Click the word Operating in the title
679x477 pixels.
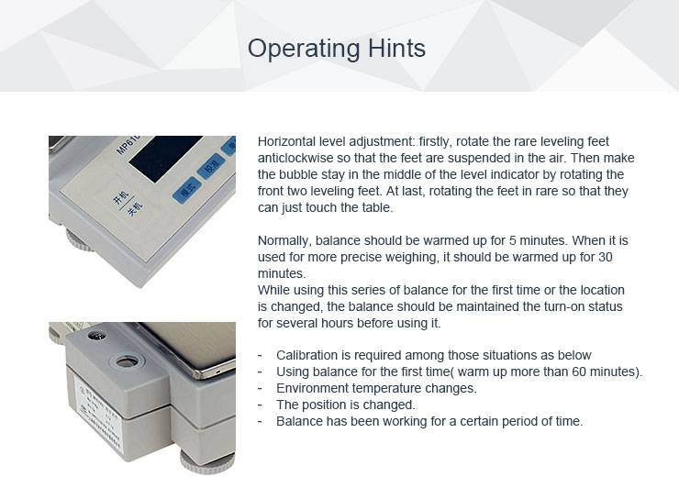(303, 49)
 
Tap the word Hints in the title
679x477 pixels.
(396, 48)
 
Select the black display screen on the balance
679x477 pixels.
(165, 158)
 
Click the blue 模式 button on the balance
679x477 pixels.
(187, 190)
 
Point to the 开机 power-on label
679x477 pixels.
(121, 199)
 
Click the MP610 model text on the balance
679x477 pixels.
(128, 145)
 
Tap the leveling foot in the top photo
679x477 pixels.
(78, 240)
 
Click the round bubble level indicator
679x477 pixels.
(126, 361)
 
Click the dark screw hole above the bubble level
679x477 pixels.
(96, 336)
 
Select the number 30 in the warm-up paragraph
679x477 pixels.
(606, 257)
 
